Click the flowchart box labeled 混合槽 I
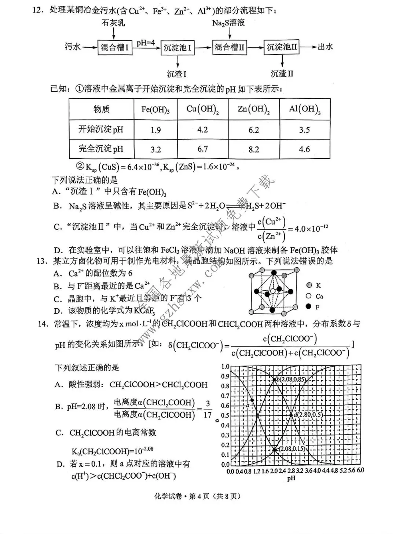(115, 47)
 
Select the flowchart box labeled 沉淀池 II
(282, 47)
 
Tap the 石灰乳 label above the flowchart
(113, 23)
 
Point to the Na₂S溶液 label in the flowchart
(229, 23)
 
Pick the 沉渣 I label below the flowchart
(177, 74)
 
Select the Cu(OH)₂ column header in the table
(202, 109)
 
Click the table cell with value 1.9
(156, 130)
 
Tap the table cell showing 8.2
(254, 149)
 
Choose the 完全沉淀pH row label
(101, 149)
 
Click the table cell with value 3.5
(304, 130)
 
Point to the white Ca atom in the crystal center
(272, 291)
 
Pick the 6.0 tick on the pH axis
(360, 471)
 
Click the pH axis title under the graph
(291, 478)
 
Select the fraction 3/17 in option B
(208, 409)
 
